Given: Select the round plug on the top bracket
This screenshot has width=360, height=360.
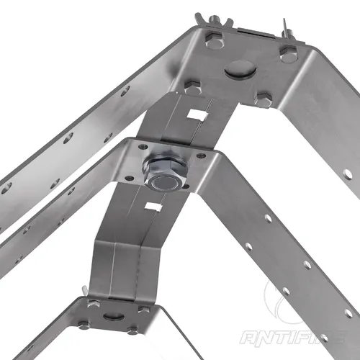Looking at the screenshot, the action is (x=240, y=69).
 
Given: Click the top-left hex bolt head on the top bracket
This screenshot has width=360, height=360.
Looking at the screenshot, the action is (x=215, y=40).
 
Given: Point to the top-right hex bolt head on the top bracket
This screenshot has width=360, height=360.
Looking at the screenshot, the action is (x=288, y=54).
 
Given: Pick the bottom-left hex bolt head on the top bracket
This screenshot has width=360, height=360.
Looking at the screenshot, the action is (x=192, y=87).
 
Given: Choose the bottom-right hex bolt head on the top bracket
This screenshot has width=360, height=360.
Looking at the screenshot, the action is (x=264, y=100).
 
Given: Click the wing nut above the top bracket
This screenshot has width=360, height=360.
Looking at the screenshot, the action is (x=215, y=22).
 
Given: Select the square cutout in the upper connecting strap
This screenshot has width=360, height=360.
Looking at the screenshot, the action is (x=196, y=114).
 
